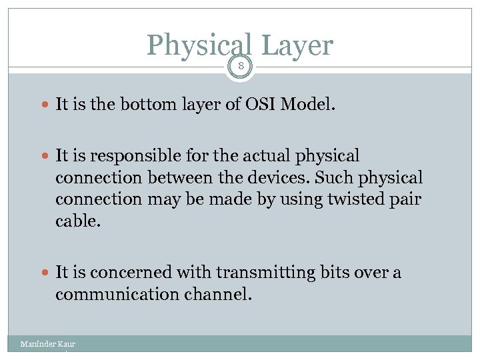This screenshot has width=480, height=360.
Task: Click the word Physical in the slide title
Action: tap(199, 45)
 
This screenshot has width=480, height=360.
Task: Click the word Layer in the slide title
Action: tap(297, 45)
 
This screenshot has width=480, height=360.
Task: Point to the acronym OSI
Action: tap(265, 104)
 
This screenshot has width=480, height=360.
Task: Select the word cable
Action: tap(77, 221)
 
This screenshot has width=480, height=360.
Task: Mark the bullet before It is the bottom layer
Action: tap(45, 105)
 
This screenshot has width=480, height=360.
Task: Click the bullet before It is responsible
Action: tap(45, 157)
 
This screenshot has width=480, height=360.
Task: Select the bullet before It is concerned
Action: tap(45, 273)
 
